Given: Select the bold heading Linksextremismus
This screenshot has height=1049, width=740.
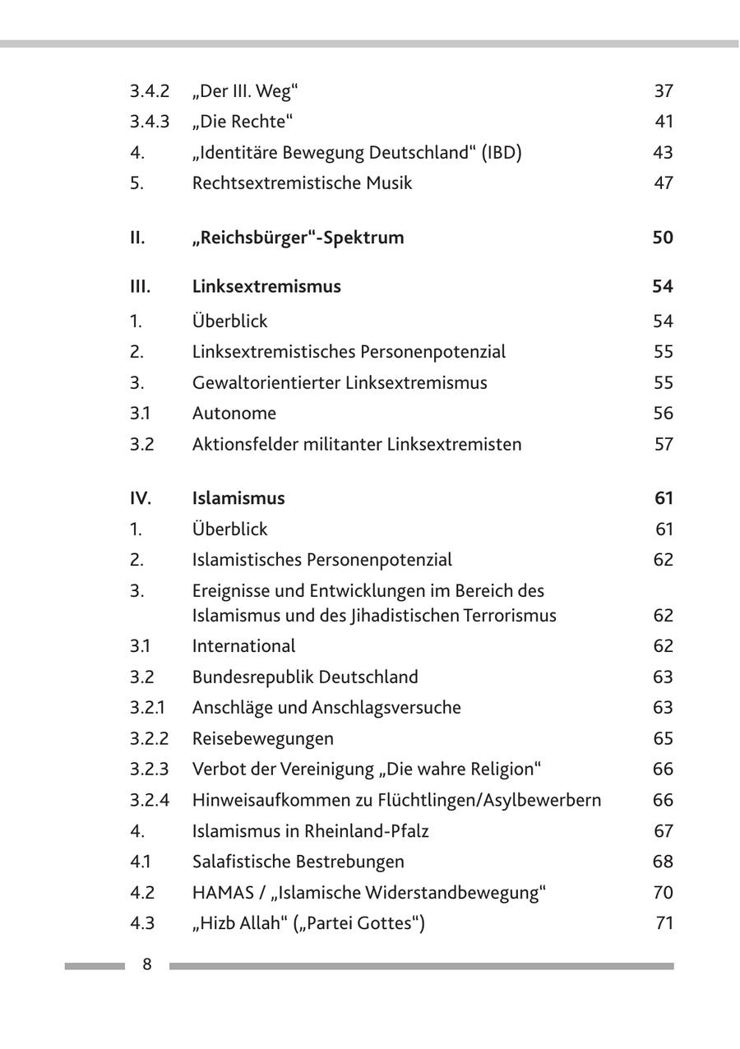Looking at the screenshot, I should (266, 286).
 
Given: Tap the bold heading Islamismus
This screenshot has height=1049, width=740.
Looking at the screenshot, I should (238, 497).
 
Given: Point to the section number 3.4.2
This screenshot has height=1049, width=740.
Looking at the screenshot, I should (149, 91).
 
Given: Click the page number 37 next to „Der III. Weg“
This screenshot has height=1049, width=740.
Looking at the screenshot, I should (664, 91).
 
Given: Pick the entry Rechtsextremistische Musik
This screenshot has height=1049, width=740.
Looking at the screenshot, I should (302, 183).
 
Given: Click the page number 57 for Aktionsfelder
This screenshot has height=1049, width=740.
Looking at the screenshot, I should (664, 445).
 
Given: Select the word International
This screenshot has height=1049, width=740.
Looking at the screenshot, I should (243, 645).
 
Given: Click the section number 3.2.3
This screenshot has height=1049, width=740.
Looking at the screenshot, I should (149, 769).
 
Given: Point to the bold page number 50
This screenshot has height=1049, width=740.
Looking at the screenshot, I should (663, 238).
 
